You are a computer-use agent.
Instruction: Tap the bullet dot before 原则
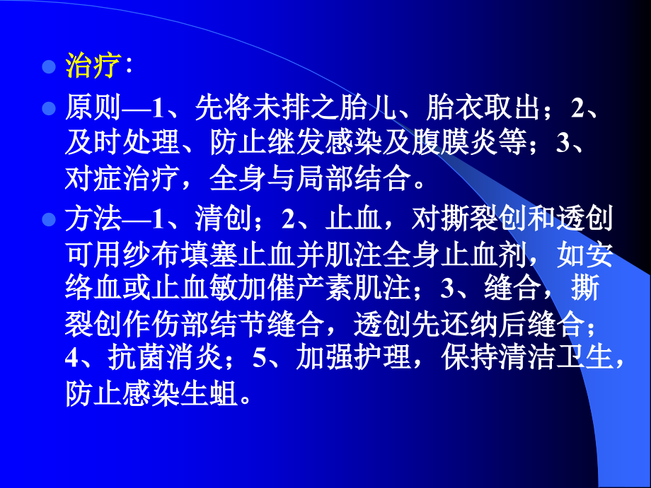49,108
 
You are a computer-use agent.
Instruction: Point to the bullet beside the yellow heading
49,67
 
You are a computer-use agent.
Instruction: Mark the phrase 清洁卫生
558,359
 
